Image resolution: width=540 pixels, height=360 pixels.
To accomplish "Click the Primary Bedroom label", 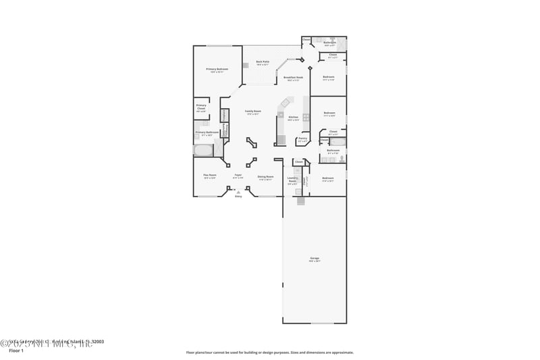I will click(217, 70).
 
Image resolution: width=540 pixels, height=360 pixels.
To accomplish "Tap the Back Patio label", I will click(263, 63).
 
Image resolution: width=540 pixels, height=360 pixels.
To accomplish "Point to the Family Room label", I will click(252, 112).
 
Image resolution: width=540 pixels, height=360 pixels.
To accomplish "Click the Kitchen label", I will click(293, 118).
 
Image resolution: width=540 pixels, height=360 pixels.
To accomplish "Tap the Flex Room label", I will click(209, 176).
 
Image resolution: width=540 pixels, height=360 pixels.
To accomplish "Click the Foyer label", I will click(238, 176).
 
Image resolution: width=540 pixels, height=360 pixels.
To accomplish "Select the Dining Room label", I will click(265, 177).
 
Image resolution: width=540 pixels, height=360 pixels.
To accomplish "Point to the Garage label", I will click(314, 259).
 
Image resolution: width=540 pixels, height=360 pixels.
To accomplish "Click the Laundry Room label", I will click(292, 180).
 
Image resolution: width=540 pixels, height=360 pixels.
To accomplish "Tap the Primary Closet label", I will click(201, 107).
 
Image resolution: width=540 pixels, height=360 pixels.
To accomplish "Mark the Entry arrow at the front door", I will click(238, 192).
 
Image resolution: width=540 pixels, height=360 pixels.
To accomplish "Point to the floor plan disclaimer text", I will click(269, 352).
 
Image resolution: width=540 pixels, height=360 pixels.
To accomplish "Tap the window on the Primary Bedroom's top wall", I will click(217, 46).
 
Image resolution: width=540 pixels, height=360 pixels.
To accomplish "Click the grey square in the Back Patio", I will click(245, 66).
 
